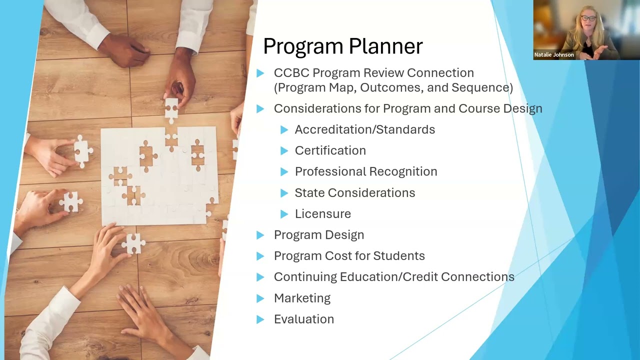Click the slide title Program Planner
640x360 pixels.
point(342,46)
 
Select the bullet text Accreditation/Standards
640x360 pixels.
point(364,129)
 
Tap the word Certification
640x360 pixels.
point(330,150)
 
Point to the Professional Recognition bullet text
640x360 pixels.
point(365,171)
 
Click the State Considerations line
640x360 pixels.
point(354,193)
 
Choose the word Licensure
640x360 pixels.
point(322,214)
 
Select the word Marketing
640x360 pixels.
point(302,298)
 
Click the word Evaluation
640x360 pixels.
point(303,319)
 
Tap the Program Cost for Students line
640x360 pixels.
point(349,256)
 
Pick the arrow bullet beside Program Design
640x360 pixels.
point(260,235)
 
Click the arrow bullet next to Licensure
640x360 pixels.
point(284,214)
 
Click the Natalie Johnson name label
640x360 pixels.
point(553,54)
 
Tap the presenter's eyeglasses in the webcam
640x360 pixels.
point(588,18)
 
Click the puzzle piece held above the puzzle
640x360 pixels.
point(171,108)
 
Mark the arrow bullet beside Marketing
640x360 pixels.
point(260,298)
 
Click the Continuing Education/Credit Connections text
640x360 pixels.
point(393,277)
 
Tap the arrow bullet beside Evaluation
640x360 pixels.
point(260,319)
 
